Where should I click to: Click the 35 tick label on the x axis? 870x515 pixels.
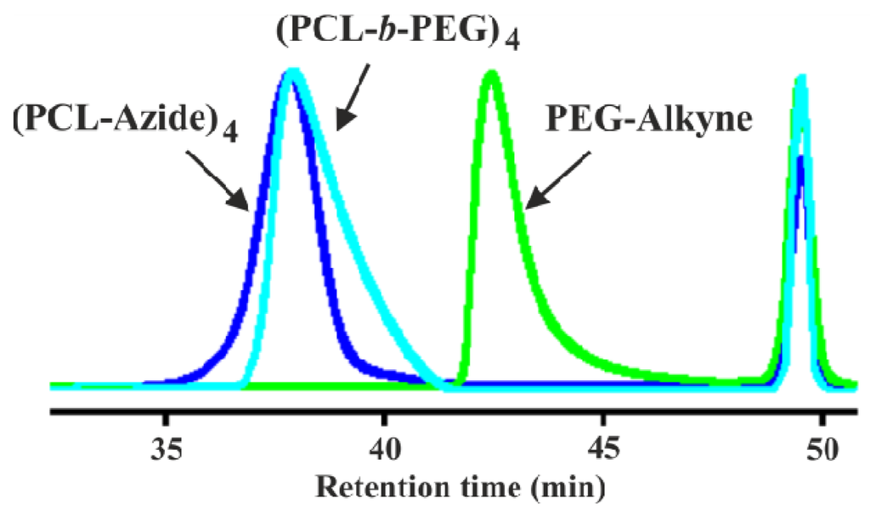[167, 446]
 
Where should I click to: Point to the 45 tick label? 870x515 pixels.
[602, 446]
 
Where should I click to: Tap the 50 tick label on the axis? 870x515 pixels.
[821, 446]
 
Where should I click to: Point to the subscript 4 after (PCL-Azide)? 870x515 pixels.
[230, 130]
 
